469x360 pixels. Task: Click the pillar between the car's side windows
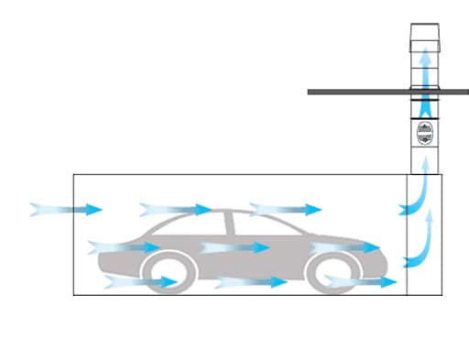(234, 224)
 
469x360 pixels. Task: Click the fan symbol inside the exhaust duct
(424, 132)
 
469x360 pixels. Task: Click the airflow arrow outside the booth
(64, 209)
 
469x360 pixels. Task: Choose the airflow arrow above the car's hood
(174, 210)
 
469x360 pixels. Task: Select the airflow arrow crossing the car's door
(234, 247)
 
